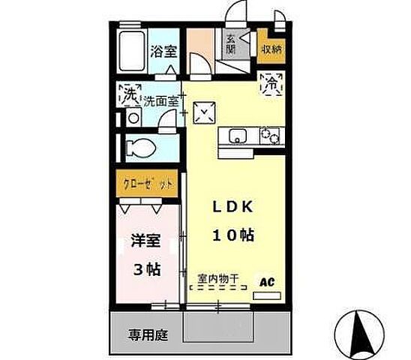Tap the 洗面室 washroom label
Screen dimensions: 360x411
pos(160,98)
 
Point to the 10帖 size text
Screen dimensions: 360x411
pos(232,235)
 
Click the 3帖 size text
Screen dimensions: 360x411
pos(147,268)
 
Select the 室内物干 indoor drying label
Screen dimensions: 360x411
pos(218,280)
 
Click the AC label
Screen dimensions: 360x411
pos(266,283)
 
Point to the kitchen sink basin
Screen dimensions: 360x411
pos(238,136)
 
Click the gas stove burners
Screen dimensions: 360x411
pos(268,136)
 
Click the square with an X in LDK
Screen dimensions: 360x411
pos(202,112)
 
